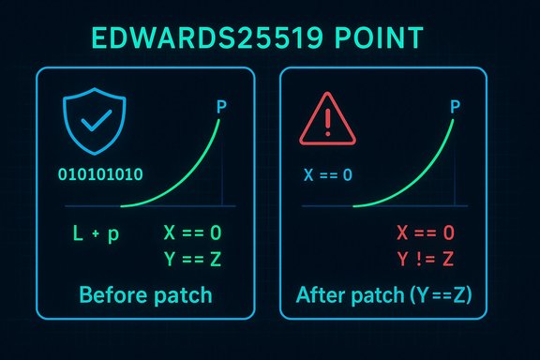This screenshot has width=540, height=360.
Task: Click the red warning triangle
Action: pos(325,121)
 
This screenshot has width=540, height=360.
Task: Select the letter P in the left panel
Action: pos(221,108)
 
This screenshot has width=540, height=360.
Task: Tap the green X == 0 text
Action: pos(198,232)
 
